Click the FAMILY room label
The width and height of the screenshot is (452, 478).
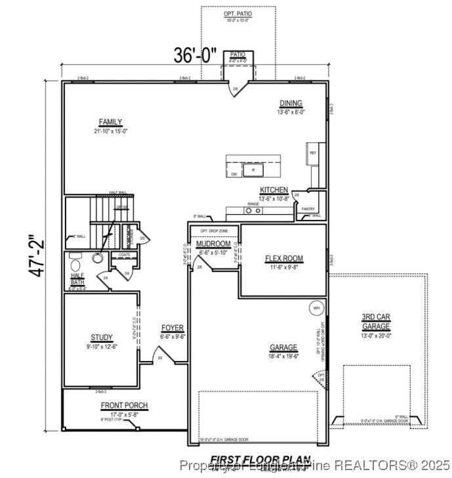tap(110, 122)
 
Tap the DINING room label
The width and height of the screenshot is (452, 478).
tap(291, 103)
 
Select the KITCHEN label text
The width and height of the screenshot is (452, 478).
tap(274, 190)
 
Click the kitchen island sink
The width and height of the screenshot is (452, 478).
tap(253, 170)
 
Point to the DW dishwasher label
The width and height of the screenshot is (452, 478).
tap(234, 174)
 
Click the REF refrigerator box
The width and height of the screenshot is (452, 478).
tap(314, 153)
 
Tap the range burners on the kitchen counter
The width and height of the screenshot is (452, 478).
tap(253, 211)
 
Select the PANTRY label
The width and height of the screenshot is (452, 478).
tap(308, 209)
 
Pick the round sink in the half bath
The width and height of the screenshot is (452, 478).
tap(98, 258)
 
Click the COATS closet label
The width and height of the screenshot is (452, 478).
tap(124, 255)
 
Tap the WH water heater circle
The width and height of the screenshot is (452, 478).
tap(316, 308)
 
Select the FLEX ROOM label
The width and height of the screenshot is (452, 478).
tap(283, 259)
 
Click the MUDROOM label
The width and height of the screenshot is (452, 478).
tap(213, 244)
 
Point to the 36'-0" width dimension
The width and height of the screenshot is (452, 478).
tap(195, 56)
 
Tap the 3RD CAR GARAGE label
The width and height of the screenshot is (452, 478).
tap(376, 322)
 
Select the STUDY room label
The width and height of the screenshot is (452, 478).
tap(101, 337)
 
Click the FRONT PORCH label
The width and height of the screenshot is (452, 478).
tap(124, 405)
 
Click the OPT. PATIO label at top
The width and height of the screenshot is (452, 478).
tap(237, 14)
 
